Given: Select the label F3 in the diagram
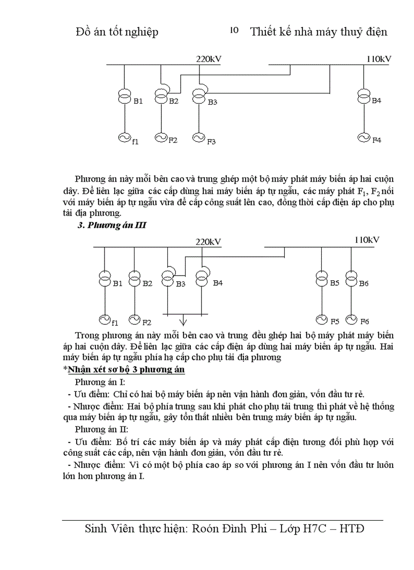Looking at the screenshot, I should point(211,141).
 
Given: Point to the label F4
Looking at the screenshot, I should point(376,140).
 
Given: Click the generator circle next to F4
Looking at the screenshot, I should point(364,137).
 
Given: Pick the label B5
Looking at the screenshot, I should point(334,283).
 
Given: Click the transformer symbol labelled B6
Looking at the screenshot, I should point(351,280).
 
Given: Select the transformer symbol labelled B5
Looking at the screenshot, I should point(321,280).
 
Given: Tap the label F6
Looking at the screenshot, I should point(365,321).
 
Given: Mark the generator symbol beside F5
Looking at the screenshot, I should point(321,319).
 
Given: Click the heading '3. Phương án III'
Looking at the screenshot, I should point(112,226).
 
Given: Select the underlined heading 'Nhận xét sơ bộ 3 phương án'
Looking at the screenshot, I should point(126,369).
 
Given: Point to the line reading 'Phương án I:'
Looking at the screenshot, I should point(100,382).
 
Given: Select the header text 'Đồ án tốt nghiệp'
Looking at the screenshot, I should point(117,31).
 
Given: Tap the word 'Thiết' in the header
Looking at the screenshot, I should point(263,31).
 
